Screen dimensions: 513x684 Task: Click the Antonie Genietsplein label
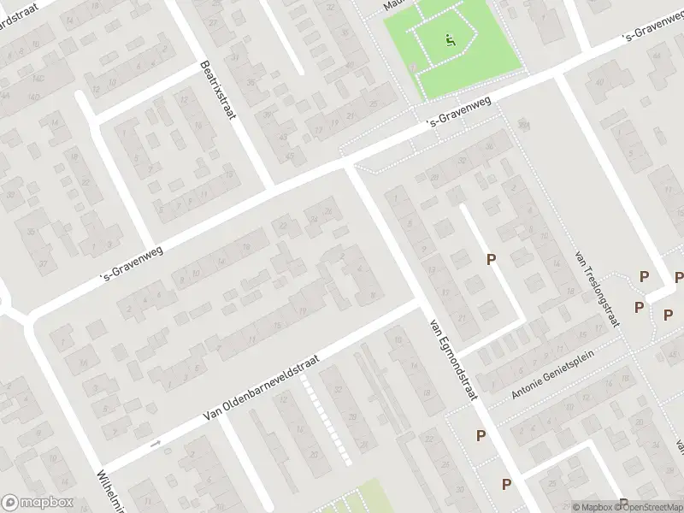(x=551, y=380)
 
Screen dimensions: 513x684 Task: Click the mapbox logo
(x=36, y=503)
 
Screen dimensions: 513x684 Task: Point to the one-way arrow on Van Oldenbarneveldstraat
(x=155, y=444)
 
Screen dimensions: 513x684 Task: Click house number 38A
(x=523, y=125)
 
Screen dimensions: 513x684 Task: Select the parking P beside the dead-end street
(x=491, y=259)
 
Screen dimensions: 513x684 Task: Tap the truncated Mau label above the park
(x=392, y=4)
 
